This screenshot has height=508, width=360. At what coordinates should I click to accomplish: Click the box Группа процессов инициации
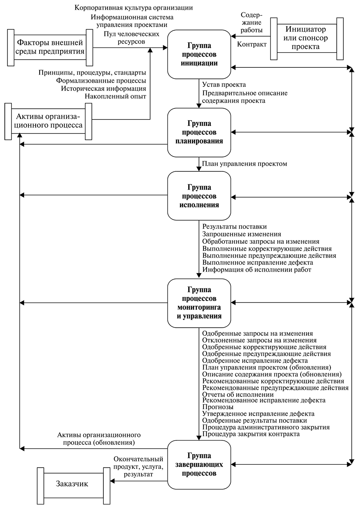pos(199,54)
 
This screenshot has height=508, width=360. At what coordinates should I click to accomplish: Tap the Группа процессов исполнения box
pos(199,196)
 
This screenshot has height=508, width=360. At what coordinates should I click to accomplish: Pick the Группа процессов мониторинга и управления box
pos(199,303)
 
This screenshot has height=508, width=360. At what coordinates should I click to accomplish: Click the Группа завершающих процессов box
pos(199,464)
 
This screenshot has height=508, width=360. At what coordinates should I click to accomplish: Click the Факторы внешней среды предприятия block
pos(50,47)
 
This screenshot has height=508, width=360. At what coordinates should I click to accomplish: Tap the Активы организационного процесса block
pos(49,121)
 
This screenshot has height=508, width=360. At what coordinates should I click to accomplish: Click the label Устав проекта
pos(224,85)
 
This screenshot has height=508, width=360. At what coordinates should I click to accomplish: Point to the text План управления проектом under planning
pos(244,164)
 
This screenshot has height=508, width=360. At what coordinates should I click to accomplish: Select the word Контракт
pos(252,45)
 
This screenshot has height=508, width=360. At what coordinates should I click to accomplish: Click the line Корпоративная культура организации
pos(133,8)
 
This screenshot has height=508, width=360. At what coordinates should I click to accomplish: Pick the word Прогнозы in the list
pos(218,407)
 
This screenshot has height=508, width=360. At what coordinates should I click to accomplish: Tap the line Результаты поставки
pos(234,226)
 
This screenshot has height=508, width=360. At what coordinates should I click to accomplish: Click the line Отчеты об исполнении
pos(238,394)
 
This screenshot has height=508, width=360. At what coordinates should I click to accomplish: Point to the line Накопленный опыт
pos(116,96)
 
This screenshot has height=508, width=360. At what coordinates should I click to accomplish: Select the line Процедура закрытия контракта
pos(251,434)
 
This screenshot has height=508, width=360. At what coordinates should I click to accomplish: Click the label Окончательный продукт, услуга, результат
pos(138,467)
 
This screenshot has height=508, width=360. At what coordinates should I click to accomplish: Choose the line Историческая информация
pos(103,88)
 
